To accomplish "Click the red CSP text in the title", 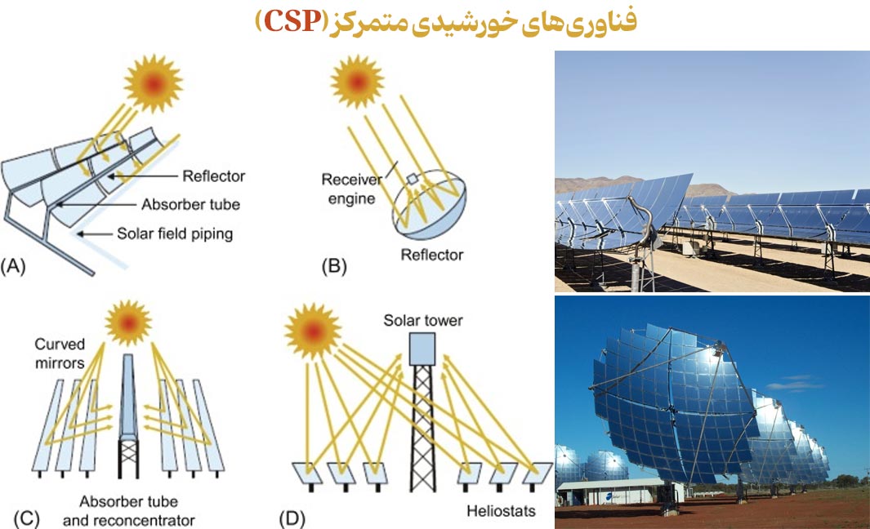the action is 292,21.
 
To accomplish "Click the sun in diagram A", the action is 153,84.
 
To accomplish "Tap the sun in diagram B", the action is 357,82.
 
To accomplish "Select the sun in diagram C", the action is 128,322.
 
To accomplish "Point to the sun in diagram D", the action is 313,331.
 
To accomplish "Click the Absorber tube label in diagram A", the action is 190,205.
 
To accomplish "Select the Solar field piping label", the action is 175,234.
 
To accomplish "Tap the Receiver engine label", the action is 351,189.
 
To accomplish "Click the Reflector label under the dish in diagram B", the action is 431,255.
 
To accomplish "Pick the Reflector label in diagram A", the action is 213,176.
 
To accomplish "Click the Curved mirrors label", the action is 60,353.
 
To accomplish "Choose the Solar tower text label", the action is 423,321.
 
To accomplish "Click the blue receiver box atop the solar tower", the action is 422,349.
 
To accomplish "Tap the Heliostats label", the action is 501,511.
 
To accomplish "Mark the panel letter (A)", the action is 13,267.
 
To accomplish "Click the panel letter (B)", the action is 334,267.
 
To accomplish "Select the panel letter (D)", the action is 292,519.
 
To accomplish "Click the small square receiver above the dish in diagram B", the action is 412,179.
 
